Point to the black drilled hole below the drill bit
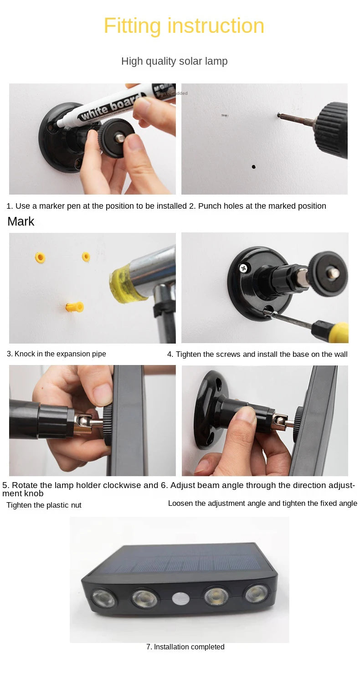pos(254,167)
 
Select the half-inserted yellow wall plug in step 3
pos(74,307)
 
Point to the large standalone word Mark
pos(21,221)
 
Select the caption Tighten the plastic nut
pos(44,505)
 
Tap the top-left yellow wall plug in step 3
pos(41,258)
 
